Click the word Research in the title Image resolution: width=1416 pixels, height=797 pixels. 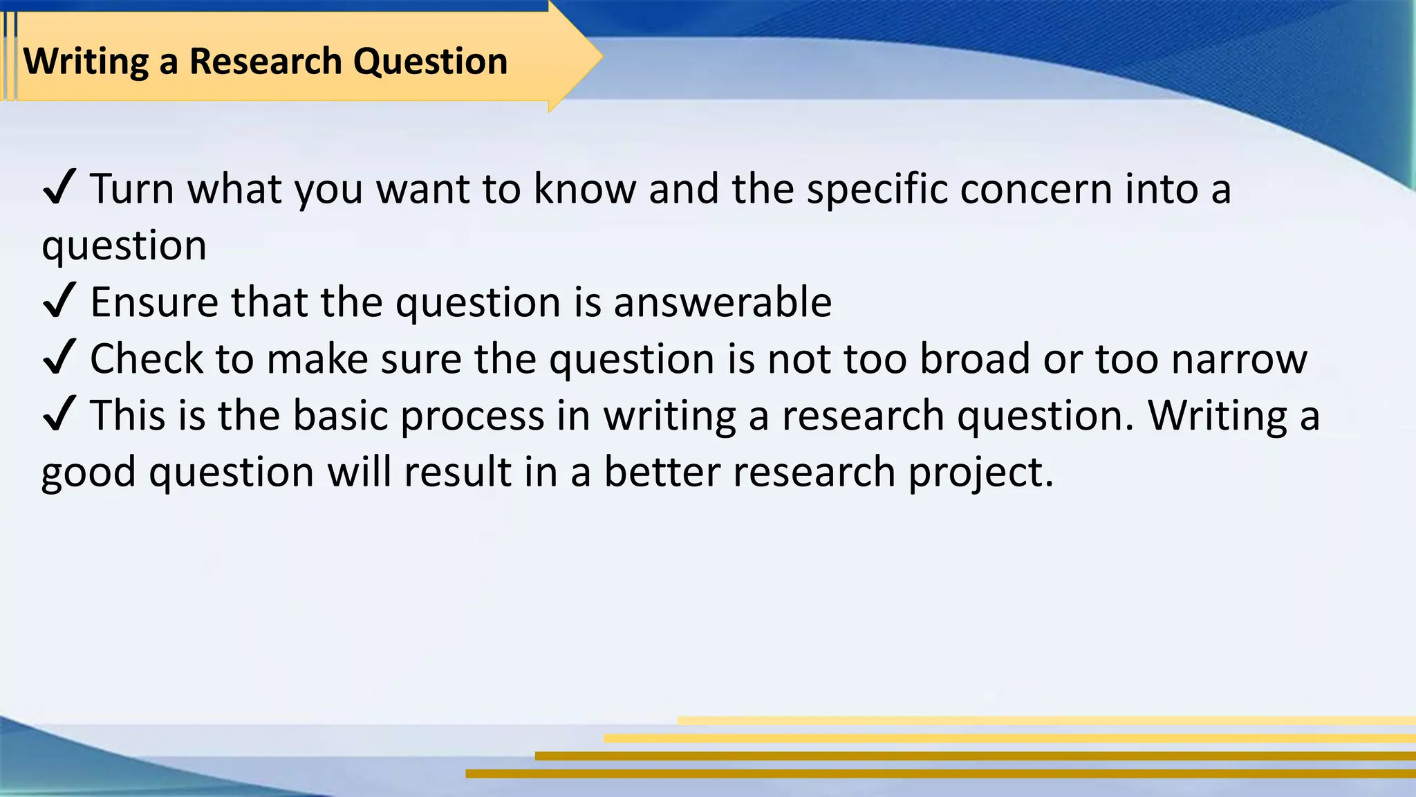coord(266,61)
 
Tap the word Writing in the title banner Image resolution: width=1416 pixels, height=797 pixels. coord(86,61)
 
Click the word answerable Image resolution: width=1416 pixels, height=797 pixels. coord(723,302)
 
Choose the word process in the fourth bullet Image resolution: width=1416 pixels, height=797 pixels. coord(473,416)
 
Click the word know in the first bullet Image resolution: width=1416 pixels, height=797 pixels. coord(584,188)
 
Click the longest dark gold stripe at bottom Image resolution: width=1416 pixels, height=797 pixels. coord(940,773)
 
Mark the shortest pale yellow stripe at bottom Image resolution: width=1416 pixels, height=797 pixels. coord(1046,720)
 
